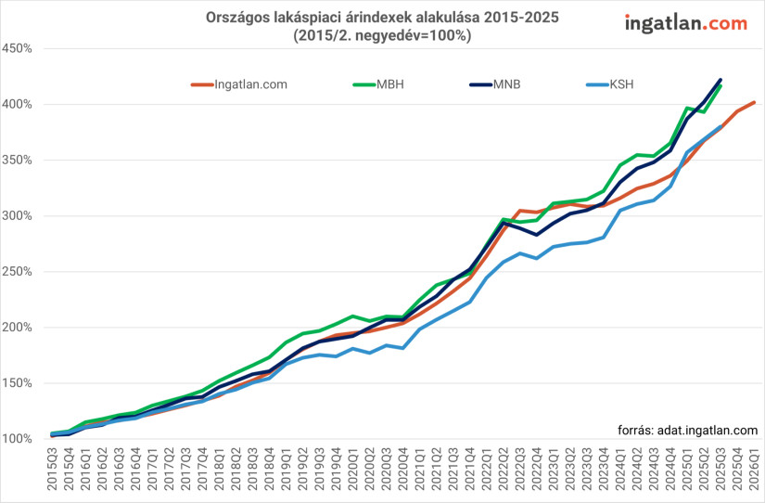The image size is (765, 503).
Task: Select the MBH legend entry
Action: pos(379,84)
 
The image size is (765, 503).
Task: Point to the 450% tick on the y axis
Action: pos(18,48)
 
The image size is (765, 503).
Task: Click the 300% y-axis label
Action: pos(18,216)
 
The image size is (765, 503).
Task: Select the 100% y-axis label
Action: pos(18,439)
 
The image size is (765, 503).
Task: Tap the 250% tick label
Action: pos(18,272)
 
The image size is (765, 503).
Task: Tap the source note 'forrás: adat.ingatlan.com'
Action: pos(687,430)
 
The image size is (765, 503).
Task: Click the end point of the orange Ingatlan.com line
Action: pos(754,102)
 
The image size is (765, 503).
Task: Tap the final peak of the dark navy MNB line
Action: pos(720,80)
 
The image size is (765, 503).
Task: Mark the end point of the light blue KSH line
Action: pos(720,127)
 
